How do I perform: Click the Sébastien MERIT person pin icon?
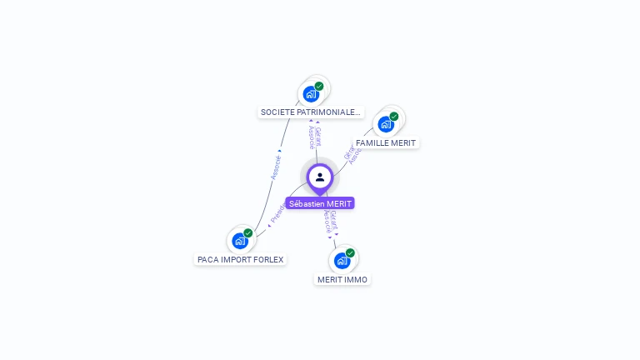pyautogui.click(x=320, y=177)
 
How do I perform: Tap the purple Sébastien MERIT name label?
pyautogui.click(x=320, y=203)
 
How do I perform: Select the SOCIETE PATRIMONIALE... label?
pyautogui.click(x=311, y=112)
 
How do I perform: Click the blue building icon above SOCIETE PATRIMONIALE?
pyautogui.click(x=311, y=93)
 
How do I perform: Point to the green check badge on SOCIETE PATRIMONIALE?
pyautogui.click(x=319, y=86)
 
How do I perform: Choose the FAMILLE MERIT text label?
pyautogui.click(x=386, y=142)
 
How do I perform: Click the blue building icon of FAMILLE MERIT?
pyautogui.click(x=385, y=124)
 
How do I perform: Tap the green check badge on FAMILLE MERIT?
pyautogui.click(x=394, y=117)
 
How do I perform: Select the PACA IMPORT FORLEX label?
pyautogui.click(x=241, y=259)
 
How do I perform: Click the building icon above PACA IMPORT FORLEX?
pyautogui.click(x=240, y=241)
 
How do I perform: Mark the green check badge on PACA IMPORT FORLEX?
pyautogui.click(x=248, y=233)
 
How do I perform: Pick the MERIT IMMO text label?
pyautogui.click(x=342, y=279)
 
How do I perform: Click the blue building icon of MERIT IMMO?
pyautogui.click(x=342, y=260)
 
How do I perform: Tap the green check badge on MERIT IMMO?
pyautogui.click(x=350, y=252)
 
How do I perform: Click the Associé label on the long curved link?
pyautogui.click(x=276, y=167)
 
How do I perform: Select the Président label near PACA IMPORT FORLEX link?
pyautogui.click(x=277, y=213)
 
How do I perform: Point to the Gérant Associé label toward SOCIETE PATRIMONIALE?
pyautogui.click(x=314, y=136)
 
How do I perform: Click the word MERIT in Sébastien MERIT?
pyautogui.click(x=339, y=203)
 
